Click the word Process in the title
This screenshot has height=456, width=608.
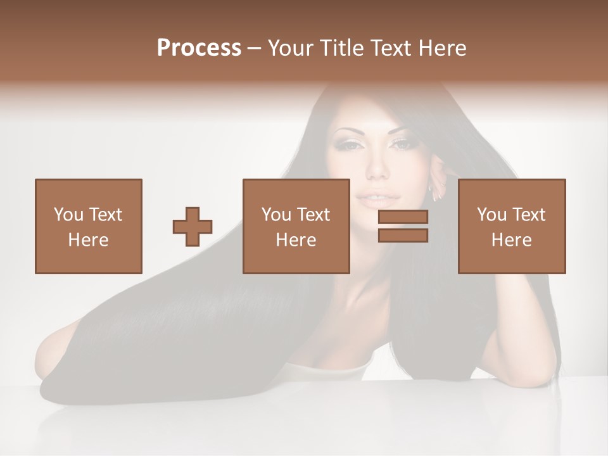tap(199, 48)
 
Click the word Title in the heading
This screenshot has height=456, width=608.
tap(342, 48)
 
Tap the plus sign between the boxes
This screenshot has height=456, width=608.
tap(193, 227)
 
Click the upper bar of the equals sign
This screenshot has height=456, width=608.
tap(403, 217)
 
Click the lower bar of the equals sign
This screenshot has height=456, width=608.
tap(403, 235)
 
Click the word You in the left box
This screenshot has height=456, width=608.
tap(68, 215)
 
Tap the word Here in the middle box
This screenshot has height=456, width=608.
tap(296, 240)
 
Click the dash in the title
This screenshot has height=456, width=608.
tap(254, 48)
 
